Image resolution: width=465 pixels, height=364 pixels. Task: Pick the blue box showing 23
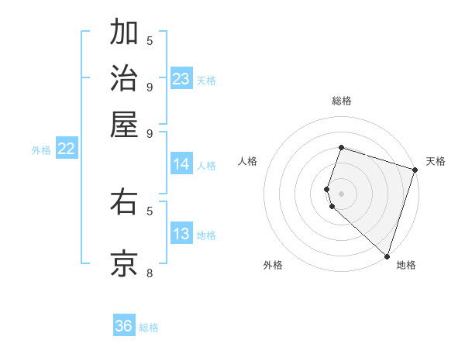pyautogui.click(x=181, y=79)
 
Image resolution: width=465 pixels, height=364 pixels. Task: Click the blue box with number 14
pyautogui.click(x=181, y=164)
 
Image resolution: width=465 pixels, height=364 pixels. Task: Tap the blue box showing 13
pyautogui.click(x=181, y=235)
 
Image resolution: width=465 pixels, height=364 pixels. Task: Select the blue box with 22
pyautogui.click(x=66, y=149)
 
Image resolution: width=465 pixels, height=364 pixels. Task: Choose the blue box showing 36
pyautogui.click(x=124, y=326)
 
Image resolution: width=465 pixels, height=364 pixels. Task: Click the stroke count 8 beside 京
pyautogui.click(x=150, y=273)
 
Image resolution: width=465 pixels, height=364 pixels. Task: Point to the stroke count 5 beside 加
pyautogui.click(x=150, y=40)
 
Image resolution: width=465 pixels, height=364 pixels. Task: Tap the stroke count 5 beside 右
pyautogui.click(x=150, y=210)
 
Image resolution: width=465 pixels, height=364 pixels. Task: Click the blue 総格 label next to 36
pyautogui.click(x=149, y=328)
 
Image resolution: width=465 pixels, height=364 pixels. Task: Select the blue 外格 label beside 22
pyautogui.click(x=41, y=151)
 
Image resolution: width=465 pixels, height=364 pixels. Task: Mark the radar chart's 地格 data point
pyautogui.click(x=386, y=256)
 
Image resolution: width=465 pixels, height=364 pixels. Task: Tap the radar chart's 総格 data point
pyautogui.click(x=341, y=147)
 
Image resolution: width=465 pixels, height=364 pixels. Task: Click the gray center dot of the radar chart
pyautogui.click(x=341, y=193)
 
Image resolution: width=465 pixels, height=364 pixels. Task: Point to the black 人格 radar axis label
pyautogui.click(x=248, y=161)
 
